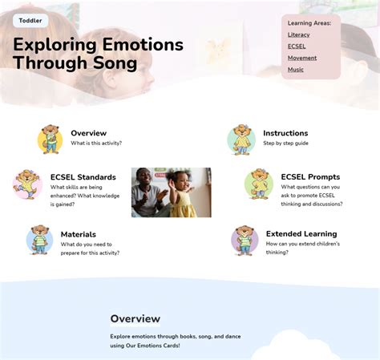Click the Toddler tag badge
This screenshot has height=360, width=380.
click(x=30, y=21)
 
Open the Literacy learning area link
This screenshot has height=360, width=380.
click(x=298, y=34)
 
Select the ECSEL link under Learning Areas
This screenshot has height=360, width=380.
click(x=297, y=47)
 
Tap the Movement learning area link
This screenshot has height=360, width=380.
click(x=302, y=58)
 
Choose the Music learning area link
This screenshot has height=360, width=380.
click(x=295, y=70)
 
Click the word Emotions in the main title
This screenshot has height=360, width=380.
click(x=143, y=44)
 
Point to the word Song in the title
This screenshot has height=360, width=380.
click(x=115, y=63)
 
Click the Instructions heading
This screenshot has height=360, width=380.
click(x=285, y=133)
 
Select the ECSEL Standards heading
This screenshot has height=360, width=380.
click(x=83, y=177)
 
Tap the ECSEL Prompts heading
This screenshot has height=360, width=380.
click(x=310, y=177)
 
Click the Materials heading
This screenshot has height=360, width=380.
click(x=79, y=234)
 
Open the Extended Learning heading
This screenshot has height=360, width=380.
click(x=301, y=234)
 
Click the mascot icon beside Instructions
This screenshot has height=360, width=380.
click(x=241, y=140)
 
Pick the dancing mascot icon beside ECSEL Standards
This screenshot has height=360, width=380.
click(x=27, y=184)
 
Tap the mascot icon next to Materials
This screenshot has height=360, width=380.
click(x=39, y=240)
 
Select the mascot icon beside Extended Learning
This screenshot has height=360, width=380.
click(x=245, y=241)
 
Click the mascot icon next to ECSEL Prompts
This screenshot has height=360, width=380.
click(x=259, y=184)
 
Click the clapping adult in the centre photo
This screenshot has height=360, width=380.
click(x=150, y=192)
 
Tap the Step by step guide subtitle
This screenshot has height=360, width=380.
click(x=285, y=144)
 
